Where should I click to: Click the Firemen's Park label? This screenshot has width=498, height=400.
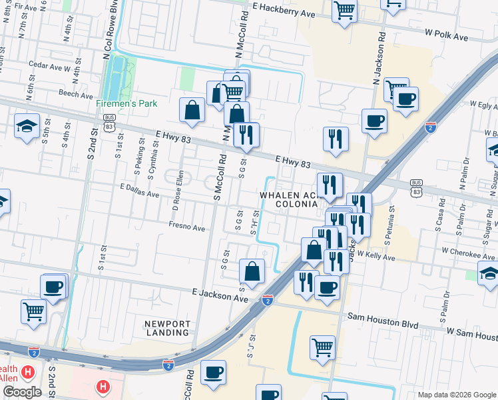126,104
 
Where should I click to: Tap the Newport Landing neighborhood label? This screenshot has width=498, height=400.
167,328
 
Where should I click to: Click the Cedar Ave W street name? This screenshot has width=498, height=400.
51,67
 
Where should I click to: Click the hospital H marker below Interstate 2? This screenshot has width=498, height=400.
103,386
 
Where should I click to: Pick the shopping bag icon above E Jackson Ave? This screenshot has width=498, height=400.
252,271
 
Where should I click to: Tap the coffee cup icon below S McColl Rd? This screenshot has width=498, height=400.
213,372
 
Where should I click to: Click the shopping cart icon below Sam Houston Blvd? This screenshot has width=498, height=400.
323,347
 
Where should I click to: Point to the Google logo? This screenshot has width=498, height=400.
23,392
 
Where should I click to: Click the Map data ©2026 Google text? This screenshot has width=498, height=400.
456,394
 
